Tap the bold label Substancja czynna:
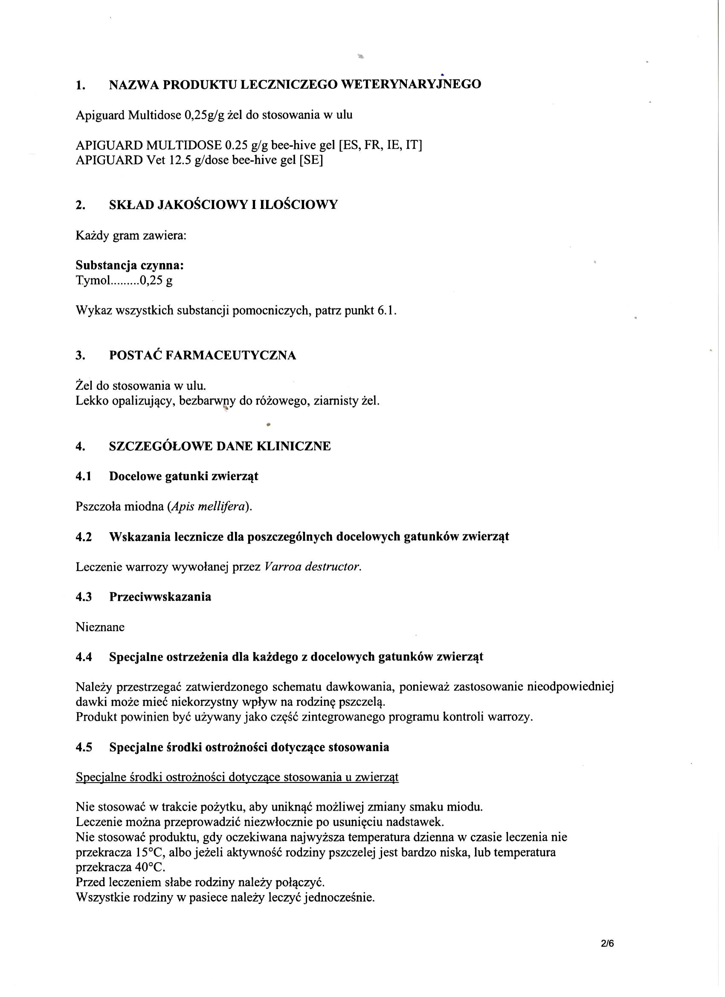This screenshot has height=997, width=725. (130, 265)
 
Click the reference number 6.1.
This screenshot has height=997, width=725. (386, 311)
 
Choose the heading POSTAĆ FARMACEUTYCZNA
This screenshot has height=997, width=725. (202, 355)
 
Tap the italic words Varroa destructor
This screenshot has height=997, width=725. (313, 567)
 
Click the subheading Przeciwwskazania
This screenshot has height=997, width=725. (160, 597)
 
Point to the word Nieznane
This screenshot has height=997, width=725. (100, 627)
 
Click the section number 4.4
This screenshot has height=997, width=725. (84, 657)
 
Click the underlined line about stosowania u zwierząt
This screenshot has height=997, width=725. (237, 777)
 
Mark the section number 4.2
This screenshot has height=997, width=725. (84, 537)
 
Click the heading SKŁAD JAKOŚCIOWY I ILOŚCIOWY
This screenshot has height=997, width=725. (223, 205)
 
